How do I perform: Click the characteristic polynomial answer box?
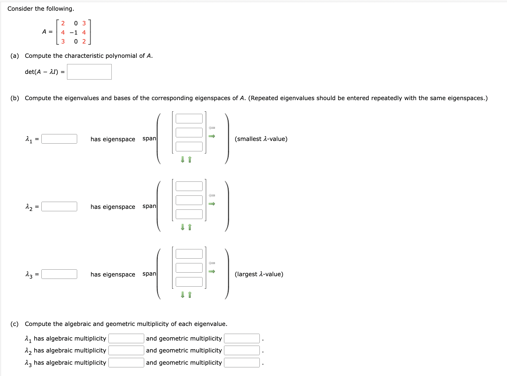[x=89, y=72]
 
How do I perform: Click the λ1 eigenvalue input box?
[x=59, y=139]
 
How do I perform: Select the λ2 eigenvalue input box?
[x=59, y=206]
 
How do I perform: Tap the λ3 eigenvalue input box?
[x=59, y=274]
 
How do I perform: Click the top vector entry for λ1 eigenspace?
[x=189, y=119]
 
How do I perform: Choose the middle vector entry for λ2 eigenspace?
[x=189, y=200]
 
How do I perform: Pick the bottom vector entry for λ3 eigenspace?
[x=189, y=282]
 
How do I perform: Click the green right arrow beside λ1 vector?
[x=212, y=136]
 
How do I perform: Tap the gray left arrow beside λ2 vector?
[x=212, y=195]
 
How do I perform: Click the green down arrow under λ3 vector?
[x=183, y=295]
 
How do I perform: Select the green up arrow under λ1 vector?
[x=190, y=160]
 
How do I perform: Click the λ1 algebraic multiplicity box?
[x=126, y=338]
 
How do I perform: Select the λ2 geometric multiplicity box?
[x=242, y=350]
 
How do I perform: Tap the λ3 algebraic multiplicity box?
[x=126, y=363]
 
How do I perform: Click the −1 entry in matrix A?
[x=74, y=32]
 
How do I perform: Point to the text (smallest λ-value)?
[x=261, y=139]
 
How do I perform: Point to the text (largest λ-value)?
[x=259, y=274]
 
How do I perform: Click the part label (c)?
[x=14, y=324]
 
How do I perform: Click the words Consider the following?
[x=41, y=9]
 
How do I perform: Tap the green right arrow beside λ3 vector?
[x=212, y=271]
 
